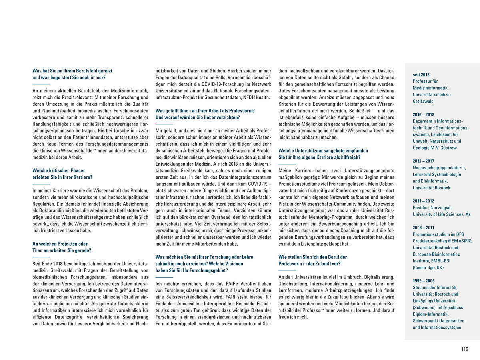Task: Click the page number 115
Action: click(x=464, y=349)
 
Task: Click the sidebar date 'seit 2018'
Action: click(x=421, y=74)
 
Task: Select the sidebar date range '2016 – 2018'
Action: click(x=424, y=114)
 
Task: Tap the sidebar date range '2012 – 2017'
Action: click(x=424, y=161)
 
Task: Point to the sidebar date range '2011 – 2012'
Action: click(x=424, y=201)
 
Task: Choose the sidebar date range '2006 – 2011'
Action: click(x=424, y=228)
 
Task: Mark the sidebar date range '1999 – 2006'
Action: click(x=424, y=281)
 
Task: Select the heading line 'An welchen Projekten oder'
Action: click(x=60, y=244)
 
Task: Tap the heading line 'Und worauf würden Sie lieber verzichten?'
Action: click(x=198, y=117)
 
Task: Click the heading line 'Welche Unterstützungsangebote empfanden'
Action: click(x=323, y=150)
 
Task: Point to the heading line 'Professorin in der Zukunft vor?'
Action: click(x=310, y=264)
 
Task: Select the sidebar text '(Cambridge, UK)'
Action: click(x=428, y=268)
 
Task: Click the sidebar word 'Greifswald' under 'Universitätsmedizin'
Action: click(x=423, y=101)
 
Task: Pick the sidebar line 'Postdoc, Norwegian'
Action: click(x=432, y=208)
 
